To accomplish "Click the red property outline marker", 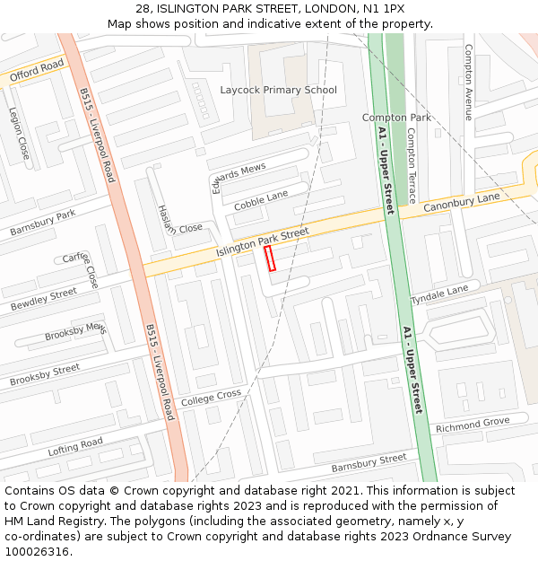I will click(270, 259).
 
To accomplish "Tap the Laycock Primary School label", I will click(279, 90).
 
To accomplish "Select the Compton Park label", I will click(396, 118).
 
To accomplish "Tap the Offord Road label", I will click(37, 71).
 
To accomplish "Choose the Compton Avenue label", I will click(468, 83).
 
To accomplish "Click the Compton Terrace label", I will click(412, 165).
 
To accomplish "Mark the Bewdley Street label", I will click(44, 299).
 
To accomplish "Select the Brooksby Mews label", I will click(75, 332).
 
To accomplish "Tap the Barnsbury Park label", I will click(42, 224).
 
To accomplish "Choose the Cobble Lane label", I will click(261, 201).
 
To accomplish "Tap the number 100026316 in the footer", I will click(37, 551).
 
